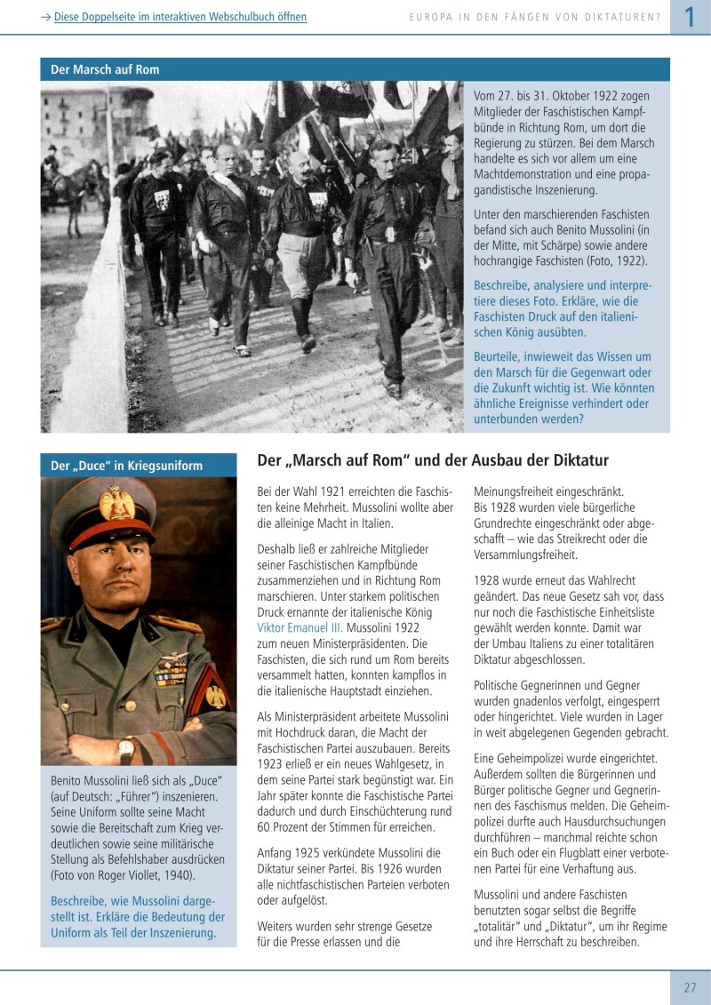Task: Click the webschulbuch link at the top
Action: tap(180, 17)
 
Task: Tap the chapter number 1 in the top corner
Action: tap(689, 17)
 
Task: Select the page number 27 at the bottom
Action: tap(690, 987)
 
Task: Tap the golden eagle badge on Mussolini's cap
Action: tap(116, 504)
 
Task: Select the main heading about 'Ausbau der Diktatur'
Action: tap(433, 460)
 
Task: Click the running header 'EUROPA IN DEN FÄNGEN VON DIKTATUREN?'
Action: tap(534, 17)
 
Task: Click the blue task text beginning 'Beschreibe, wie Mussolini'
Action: tap(138, 917)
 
